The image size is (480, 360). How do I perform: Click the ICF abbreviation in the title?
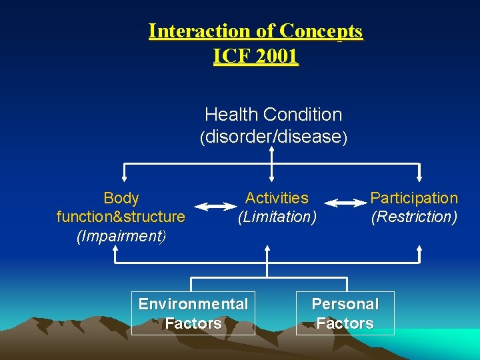click(x=231, y=57)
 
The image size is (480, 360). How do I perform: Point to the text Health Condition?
click(x=273, y=115)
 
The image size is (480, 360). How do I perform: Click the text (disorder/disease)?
click(x=273, y=137)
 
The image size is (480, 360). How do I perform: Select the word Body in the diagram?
click(x=121, y=198)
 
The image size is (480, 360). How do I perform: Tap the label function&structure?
click(x=121, y=217)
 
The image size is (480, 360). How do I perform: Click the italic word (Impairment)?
click(x=121, y=236)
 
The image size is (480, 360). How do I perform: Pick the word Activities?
click(x=277, y=198)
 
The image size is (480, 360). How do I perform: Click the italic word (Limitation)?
click(x=277, y=217)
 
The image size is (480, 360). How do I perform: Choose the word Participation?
click(x=414, y=198)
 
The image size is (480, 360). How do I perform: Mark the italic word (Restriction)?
click(x=414, y=217)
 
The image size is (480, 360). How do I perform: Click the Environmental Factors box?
click(x=193, y=313)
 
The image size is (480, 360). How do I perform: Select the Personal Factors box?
click(x=345, y=313)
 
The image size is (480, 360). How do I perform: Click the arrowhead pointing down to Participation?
click(x=419, y=178)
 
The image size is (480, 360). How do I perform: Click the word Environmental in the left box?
click(x=193, y=304)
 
